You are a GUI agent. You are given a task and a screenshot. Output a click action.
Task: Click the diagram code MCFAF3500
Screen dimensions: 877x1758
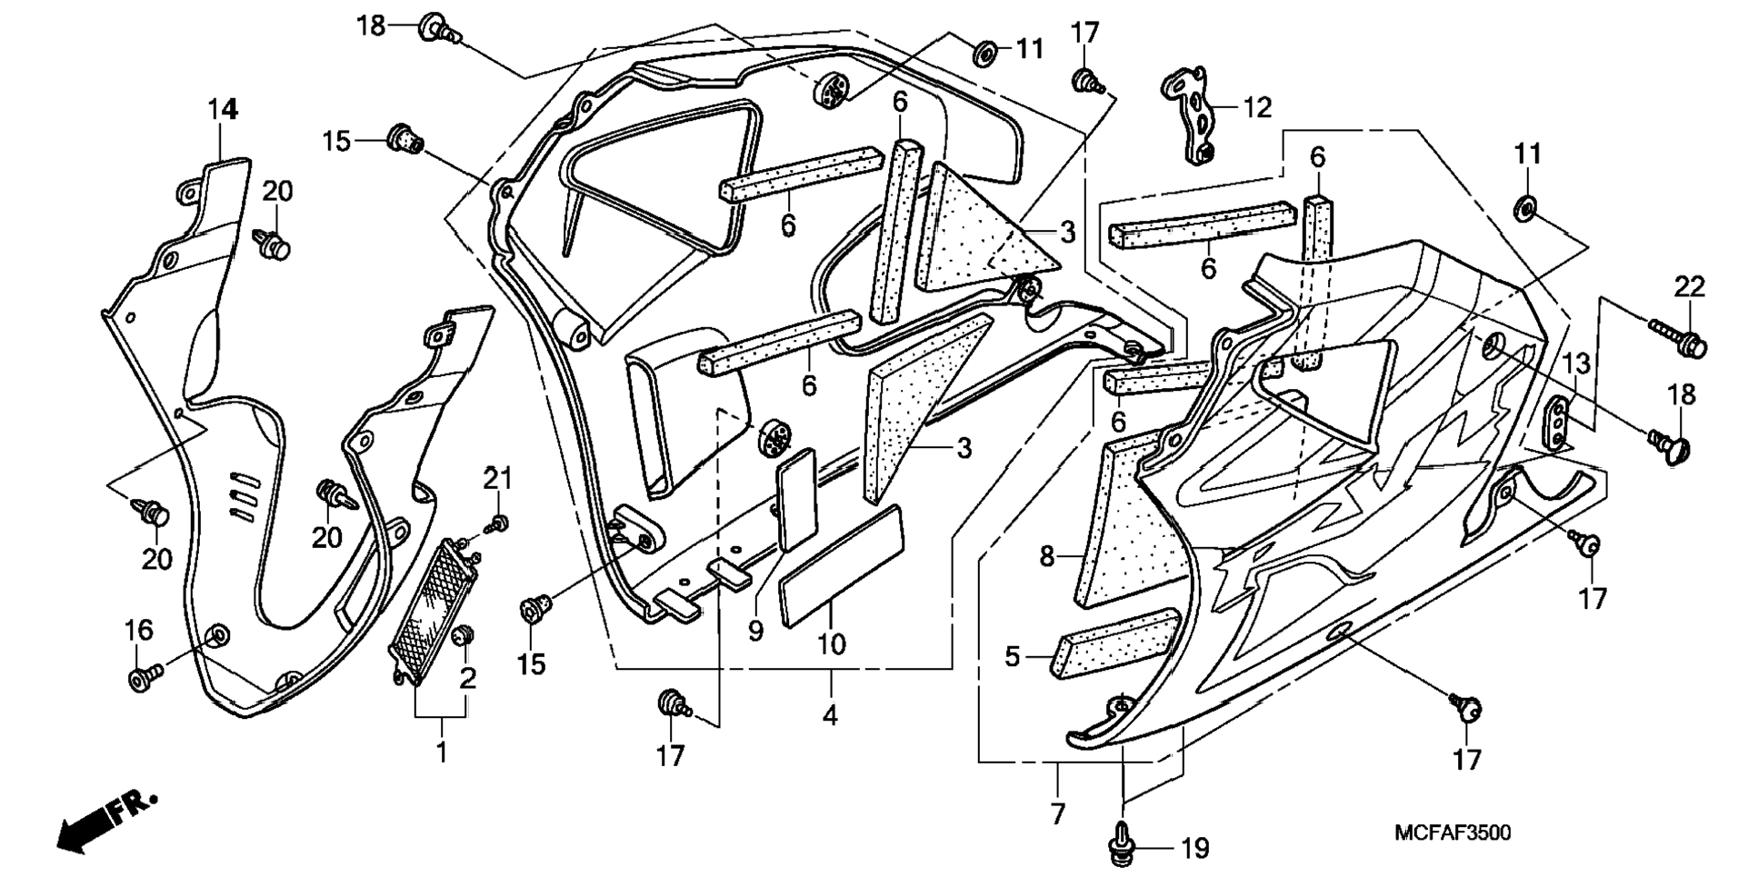tap(1453, 832)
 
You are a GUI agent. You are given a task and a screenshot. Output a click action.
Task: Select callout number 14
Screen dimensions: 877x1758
tap(223, 110)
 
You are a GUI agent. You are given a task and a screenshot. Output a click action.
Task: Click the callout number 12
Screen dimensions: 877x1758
tap(1258, 108)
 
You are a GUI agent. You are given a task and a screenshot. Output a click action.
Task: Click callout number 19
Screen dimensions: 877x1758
tap(1194, 850)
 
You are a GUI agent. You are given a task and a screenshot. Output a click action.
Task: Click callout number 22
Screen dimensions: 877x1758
tap(1690, 287)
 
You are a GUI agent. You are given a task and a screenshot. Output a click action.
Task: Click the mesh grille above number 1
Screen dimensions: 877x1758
tap(434, 604)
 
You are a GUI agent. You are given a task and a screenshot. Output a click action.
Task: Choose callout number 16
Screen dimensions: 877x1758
tap(138, 629)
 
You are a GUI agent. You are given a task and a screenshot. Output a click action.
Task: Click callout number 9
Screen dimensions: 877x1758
tap(755, 631)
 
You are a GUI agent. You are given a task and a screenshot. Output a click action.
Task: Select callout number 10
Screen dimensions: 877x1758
tap(831, 644)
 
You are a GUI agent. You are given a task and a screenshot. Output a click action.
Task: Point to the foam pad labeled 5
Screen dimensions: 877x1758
tap(1115, 643)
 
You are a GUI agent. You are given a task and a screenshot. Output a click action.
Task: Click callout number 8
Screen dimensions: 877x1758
tap(1047, 556)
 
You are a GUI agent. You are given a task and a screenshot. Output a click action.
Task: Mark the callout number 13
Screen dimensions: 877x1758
tap(1576, 364)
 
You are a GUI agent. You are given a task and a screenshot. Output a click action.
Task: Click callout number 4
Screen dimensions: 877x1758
tap(830, 715)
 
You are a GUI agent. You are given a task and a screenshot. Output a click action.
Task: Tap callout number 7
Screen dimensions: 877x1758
tap(1057, 813)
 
